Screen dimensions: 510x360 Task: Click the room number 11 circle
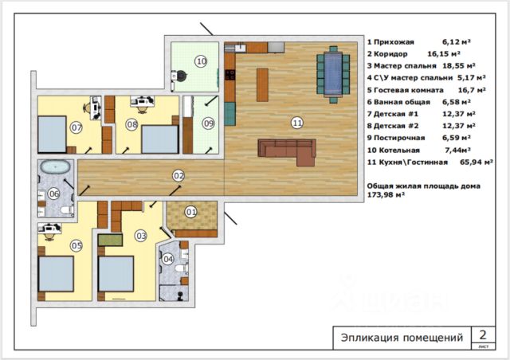click(297, 123)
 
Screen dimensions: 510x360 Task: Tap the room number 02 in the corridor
click(178, 176)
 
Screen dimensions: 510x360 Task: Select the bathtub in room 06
click(55, 167)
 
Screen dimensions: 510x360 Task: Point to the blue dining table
click(333, 75)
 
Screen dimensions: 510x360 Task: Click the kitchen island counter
click(262, 85)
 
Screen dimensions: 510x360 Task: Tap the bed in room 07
click(52, 135)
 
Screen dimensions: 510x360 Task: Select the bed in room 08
click(160, 139)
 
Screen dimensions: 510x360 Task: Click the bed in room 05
click(56, 274)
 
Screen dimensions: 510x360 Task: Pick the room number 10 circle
click(201, 61)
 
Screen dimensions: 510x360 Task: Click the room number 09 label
click(208, 123)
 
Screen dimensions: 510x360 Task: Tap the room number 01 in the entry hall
click(191, 213)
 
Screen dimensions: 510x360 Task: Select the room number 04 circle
click(168, 259)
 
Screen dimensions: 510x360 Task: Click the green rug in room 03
click(110, 240)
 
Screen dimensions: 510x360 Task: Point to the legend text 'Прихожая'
click(394, 42)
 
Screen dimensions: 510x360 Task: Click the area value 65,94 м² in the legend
click(477, 162)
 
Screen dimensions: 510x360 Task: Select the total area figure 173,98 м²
click(386, 195)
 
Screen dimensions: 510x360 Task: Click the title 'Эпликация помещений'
click(402, 338)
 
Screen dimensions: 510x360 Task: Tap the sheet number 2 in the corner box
click(483, 335)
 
